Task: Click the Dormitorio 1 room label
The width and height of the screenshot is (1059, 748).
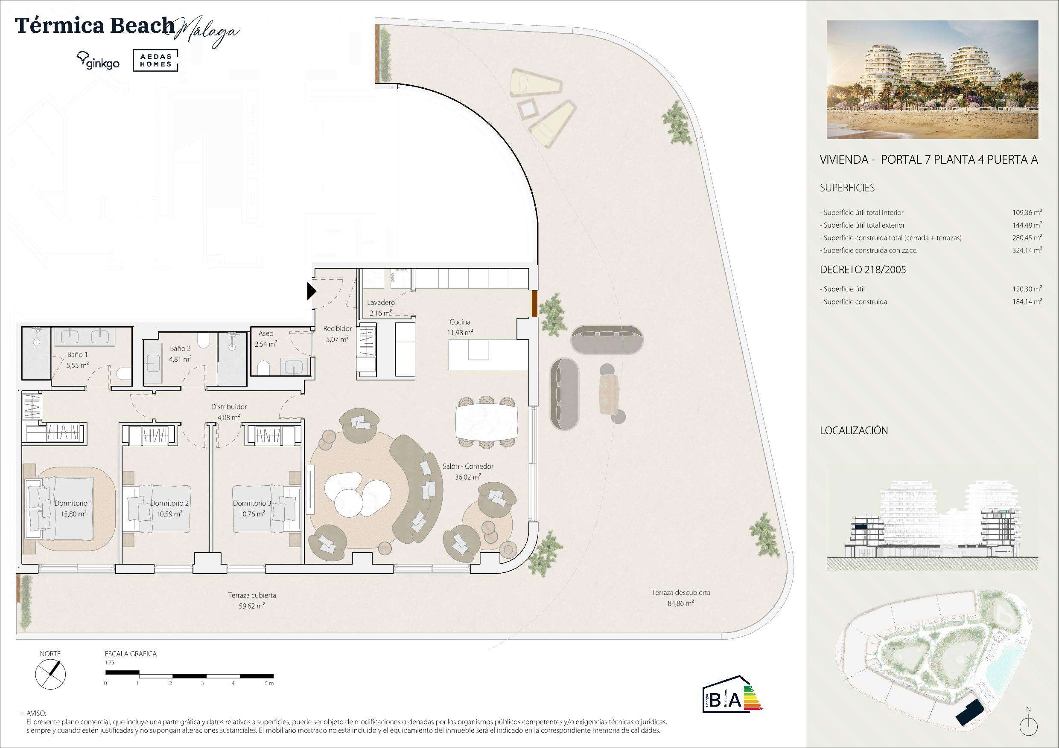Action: coord(73,503)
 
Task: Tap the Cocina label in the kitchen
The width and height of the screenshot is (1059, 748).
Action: coord(460,322)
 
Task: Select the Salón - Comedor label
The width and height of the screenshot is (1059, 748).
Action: coord(468,467)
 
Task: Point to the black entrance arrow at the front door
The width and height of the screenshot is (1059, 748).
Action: coord(312,291)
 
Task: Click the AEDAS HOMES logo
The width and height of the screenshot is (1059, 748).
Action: coord(155,61)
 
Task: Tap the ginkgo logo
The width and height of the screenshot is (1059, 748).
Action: coord(98,61)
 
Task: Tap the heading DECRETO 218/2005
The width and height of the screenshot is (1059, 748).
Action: coord(863,270)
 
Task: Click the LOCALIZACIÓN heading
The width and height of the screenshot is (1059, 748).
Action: coord(854,430)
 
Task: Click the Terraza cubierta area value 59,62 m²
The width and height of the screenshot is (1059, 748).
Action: coord(252,606)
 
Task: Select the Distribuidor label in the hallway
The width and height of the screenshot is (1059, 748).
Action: coord(229,407)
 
